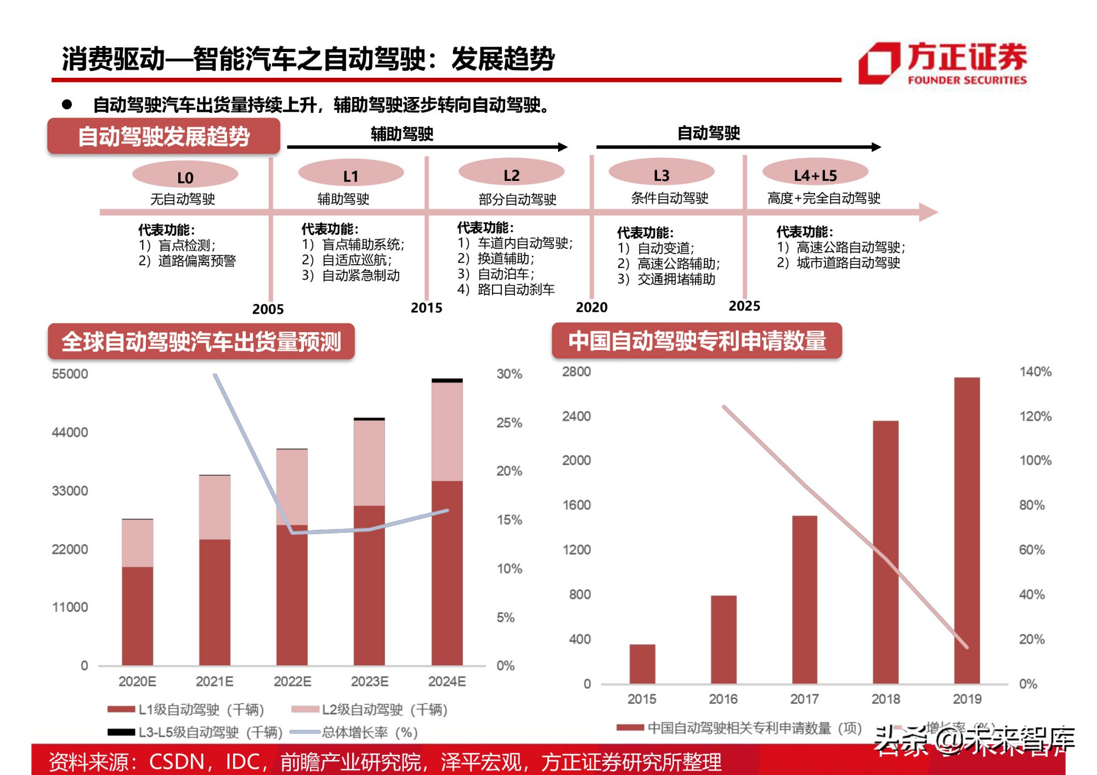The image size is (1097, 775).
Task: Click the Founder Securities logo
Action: (942, 63)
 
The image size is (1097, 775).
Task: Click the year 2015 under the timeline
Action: (426, 308)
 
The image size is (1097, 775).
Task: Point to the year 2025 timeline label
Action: (744, 306)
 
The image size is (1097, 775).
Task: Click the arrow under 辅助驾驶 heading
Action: (427, 147)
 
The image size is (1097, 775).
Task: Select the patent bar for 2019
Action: (966, 529)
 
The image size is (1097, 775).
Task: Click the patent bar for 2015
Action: (642, 664)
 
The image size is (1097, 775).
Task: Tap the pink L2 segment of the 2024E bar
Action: (446, 431)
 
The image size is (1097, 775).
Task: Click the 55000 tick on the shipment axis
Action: (70, 374)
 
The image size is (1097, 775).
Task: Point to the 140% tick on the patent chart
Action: (1035, 372)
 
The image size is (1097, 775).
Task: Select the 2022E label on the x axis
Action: (292, 681)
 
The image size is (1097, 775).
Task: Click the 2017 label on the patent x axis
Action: (804, 699)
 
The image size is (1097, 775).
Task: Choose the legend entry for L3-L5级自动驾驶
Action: (195, 732)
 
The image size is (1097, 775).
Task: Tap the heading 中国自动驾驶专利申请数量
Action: (697, 341)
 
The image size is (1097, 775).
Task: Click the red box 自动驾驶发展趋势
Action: (163, 136)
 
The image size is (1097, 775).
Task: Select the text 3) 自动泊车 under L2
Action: (496, 273)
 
